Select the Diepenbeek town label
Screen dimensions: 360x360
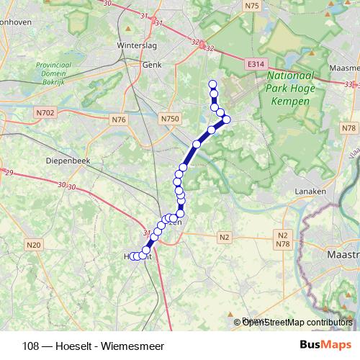tap(67, 161)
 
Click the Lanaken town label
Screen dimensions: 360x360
tap(311, 192)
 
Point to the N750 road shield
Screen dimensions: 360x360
tap(170, 118)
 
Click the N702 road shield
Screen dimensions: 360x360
tap(45, 112)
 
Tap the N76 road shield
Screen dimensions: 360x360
tap(119, 119)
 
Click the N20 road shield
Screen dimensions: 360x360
tap(33, 246)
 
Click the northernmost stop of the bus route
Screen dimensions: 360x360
tap(212, 84)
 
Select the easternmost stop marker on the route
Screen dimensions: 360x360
tap(226, 120)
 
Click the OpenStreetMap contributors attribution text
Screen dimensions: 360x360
tap(297, 323)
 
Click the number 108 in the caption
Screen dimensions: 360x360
tap(31, 345)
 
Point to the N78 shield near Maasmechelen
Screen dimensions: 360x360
tap(350, 128)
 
